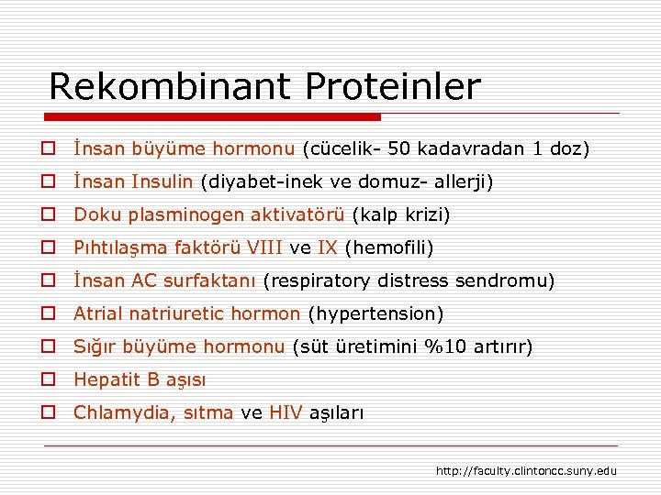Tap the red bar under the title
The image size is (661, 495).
tap(211, 117)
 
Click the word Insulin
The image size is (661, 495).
tap(161, 181)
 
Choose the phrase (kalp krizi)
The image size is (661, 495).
tap(401, 214)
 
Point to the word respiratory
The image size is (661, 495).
tap(316, 280)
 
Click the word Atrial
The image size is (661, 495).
tap(97, 313)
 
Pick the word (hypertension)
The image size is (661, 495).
tap(376, 313)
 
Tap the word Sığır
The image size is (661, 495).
tap(94, 346)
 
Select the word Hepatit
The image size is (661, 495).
tap(105, 379)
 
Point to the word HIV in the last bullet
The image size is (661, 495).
tap(285, 412)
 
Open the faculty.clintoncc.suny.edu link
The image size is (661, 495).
tap(526, 471)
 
